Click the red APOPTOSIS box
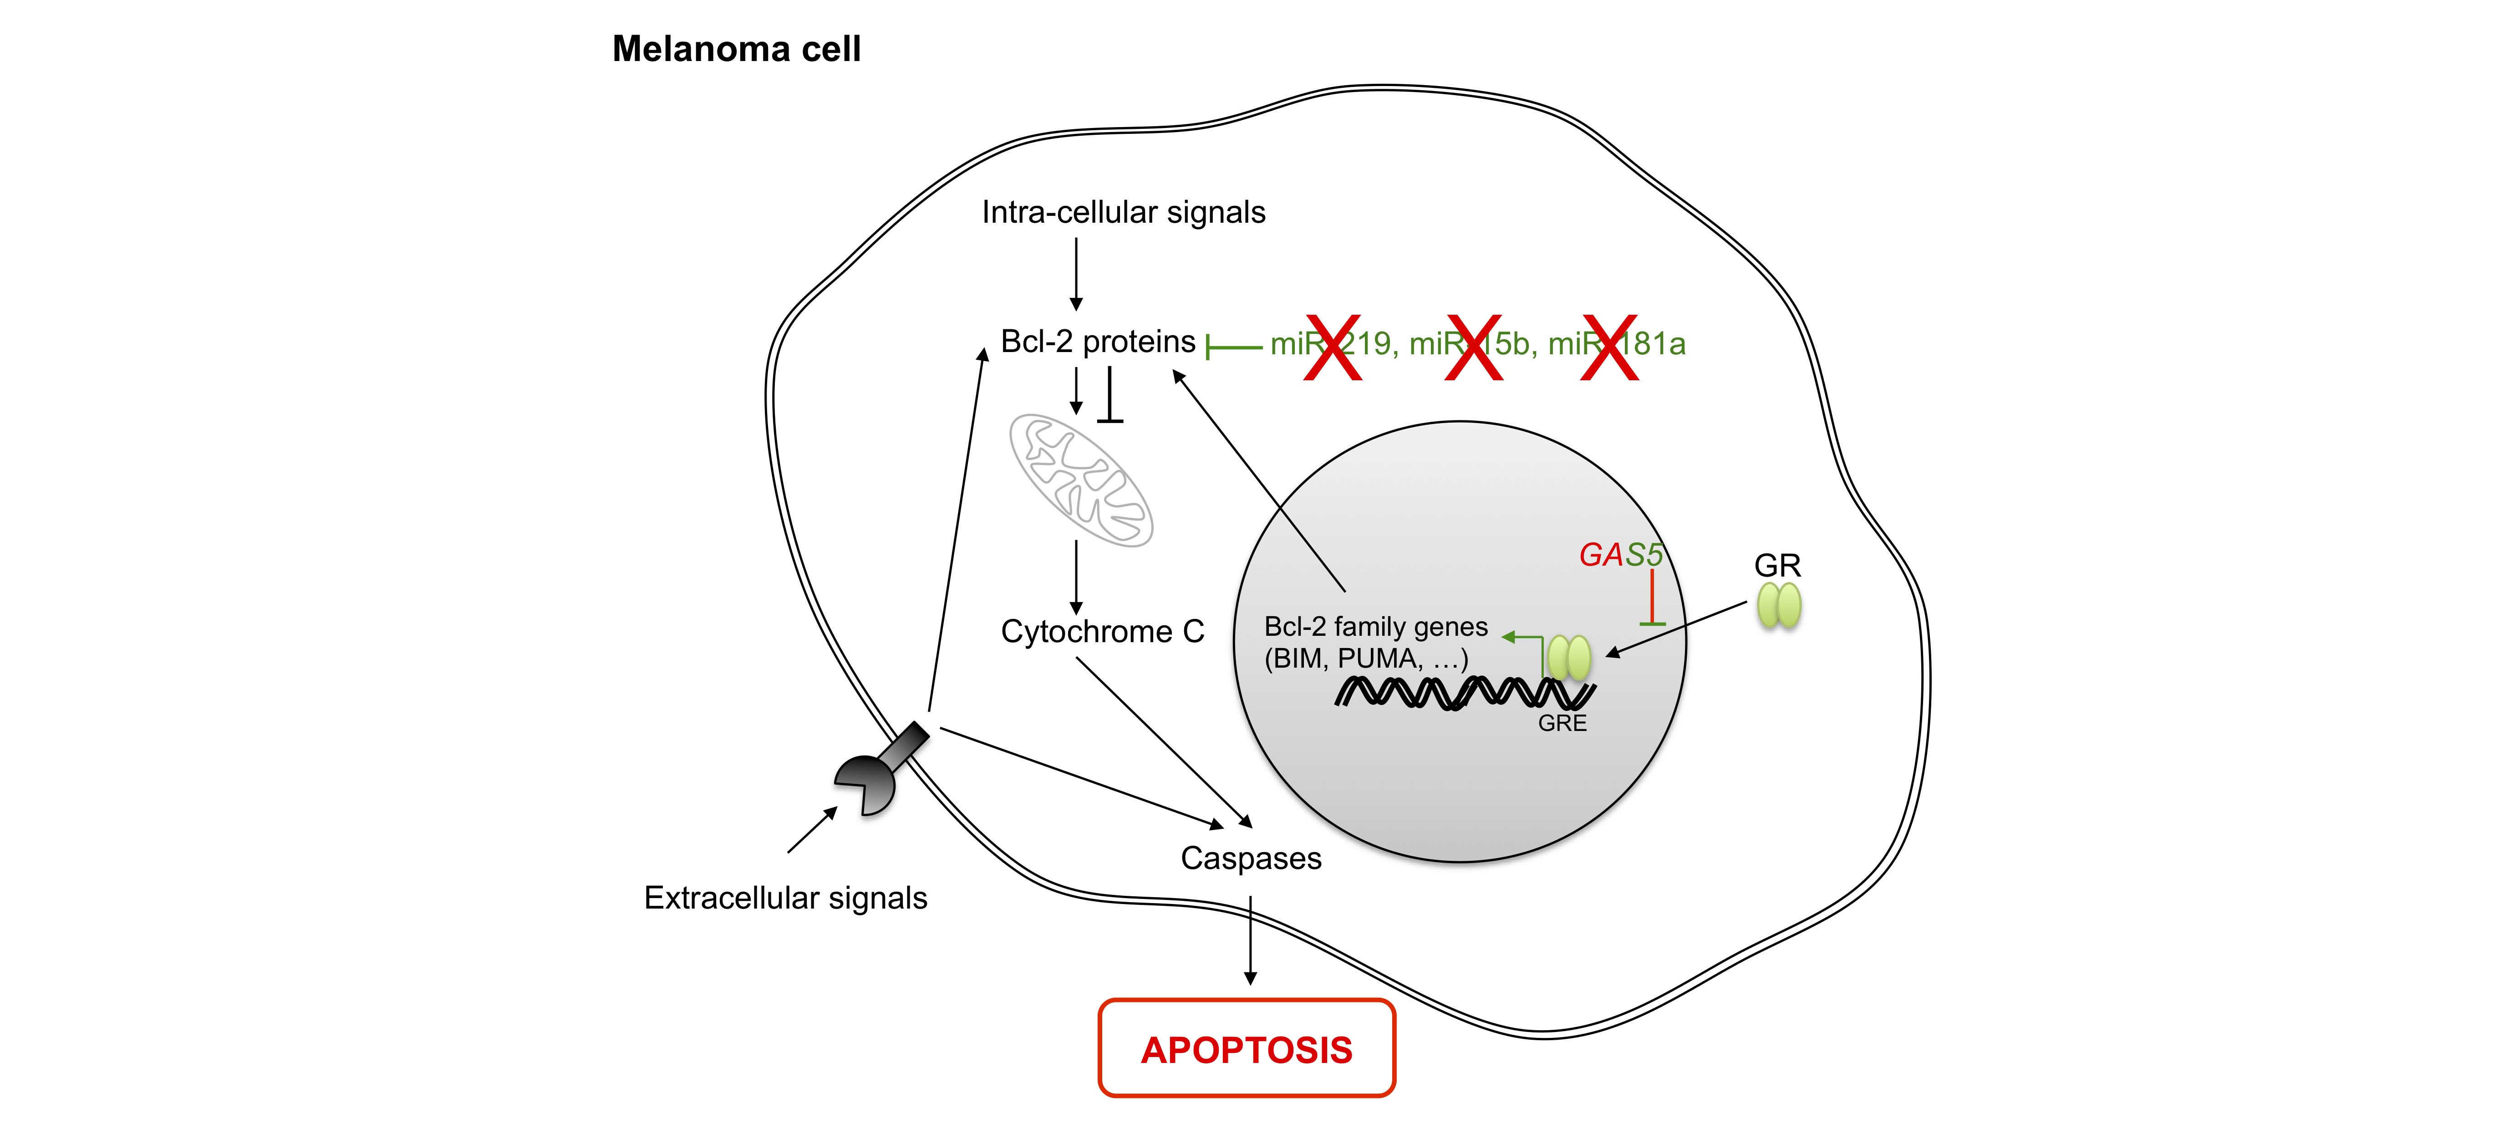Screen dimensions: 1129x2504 [1246, 1048]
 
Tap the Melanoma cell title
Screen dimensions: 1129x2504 [736, 49]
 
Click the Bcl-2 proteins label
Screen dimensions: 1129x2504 [1098, 341]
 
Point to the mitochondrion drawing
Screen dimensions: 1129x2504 [1081, 480]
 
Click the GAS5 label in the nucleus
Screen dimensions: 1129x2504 [1620, 554]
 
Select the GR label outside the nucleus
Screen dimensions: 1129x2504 [1777, 565]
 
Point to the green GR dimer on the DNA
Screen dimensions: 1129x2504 [1569, 659]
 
